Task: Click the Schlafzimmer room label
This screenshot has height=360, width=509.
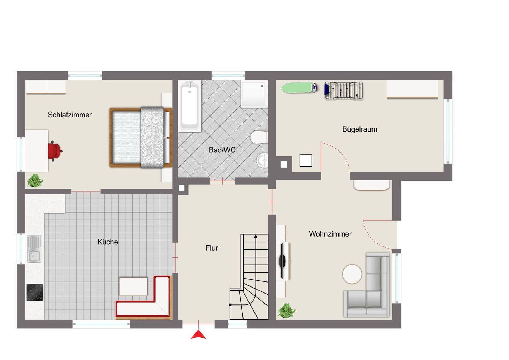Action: (x=70, y=115)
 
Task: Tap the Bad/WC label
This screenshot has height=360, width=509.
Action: (x=222, y=150)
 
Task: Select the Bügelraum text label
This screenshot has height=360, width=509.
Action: (x=359, y=129)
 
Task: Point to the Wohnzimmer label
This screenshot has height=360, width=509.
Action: (x=330, y=234)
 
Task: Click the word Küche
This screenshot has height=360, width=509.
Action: (x=108, y=242)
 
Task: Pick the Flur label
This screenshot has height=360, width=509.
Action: (x=211, y=248)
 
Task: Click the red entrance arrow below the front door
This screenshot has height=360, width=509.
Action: (x=198, y=334)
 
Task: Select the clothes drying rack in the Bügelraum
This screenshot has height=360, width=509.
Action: (x=344, y=91)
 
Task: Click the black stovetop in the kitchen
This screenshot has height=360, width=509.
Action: (x=35, y=292)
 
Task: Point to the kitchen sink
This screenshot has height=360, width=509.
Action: (x=34, y=249)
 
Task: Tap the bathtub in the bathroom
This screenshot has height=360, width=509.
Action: (x=190, y=106)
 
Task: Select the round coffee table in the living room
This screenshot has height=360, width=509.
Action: (x=352, y=274)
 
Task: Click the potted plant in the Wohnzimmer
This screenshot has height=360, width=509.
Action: (x=286, y=311)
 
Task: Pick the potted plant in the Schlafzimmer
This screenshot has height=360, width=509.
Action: (x=35, y=181)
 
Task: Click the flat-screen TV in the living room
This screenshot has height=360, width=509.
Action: (x=282, y=261)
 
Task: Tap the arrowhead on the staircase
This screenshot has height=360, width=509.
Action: (x=256, y=236)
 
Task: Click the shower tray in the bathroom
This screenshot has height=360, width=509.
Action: (x=254, y=93)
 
